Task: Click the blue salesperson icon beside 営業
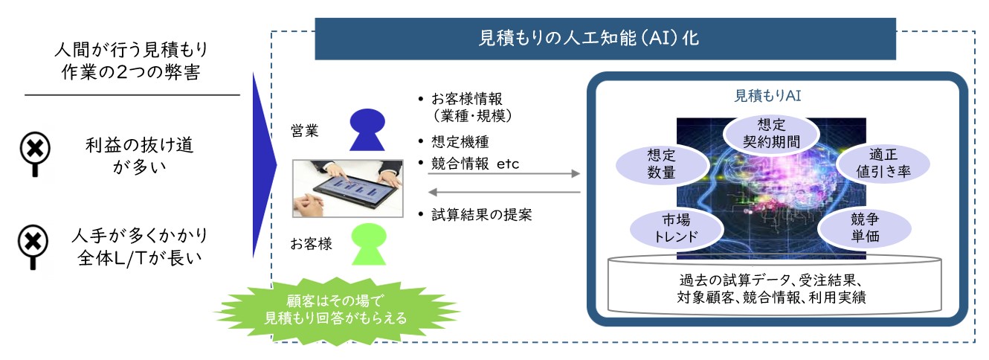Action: (x=367, y=129)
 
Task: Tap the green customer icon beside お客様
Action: (x=369, y=244)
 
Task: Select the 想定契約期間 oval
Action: (x=771, y=133)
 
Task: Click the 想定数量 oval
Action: (x=662, y=164)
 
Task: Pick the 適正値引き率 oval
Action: (x=883, y=163)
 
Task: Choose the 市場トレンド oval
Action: (x=677, y=228)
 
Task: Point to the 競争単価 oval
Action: (x=865, y=228)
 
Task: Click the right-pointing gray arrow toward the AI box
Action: (x=503, y=173)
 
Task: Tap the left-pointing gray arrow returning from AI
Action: (x=503, y=192)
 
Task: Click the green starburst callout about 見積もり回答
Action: (x=336, y=310)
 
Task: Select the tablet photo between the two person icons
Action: (x=347, y=189)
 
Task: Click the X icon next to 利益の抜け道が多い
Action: (x=36, y=153)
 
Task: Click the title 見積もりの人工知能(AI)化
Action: (x=589, y=39)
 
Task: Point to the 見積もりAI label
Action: (x=767, y=96)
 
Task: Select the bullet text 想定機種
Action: (x=460, y=142)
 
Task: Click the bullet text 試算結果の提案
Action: (x=482, y=215)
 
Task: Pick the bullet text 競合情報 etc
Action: (x=475, y=164)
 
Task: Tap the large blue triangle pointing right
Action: (x=262, y=165)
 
